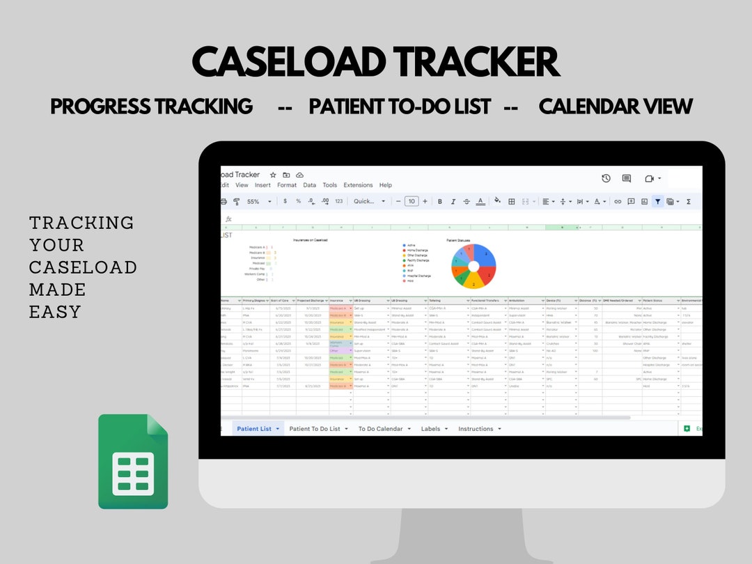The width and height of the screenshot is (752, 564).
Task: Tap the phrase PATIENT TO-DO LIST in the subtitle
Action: point(400,107)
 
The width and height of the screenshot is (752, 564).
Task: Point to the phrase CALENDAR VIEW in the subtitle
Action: point(616,107)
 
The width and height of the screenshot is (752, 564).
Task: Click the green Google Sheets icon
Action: point(133,461)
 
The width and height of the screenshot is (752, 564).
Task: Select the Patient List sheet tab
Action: point(254,429)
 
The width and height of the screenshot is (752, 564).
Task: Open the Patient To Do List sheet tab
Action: point(315,429)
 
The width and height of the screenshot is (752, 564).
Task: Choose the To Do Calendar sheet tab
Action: point(380,429)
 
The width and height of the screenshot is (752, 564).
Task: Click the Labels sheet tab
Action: point(430,429)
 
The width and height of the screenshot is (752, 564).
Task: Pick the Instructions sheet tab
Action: point(476,429)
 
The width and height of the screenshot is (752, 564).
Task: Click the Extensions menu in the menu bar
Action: point(358,185)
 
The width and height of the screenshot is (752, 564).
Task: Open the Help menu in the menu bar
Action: point(385,185)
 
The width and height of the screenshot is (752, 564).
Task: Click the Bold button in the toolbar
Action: point(439,201)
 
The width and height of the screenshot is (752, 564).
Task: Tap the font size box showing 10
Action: point(412,201)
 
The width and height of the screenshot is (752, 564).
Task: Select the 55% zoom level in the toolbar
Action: point(253,201)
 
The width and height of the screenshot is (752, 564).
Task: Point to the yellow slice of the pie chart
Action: point(473,281)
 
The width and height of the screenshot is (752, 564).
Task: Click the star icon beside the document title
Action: point(273,175)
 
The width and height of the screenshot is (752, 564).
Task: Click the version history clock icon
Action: point(606,178)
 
